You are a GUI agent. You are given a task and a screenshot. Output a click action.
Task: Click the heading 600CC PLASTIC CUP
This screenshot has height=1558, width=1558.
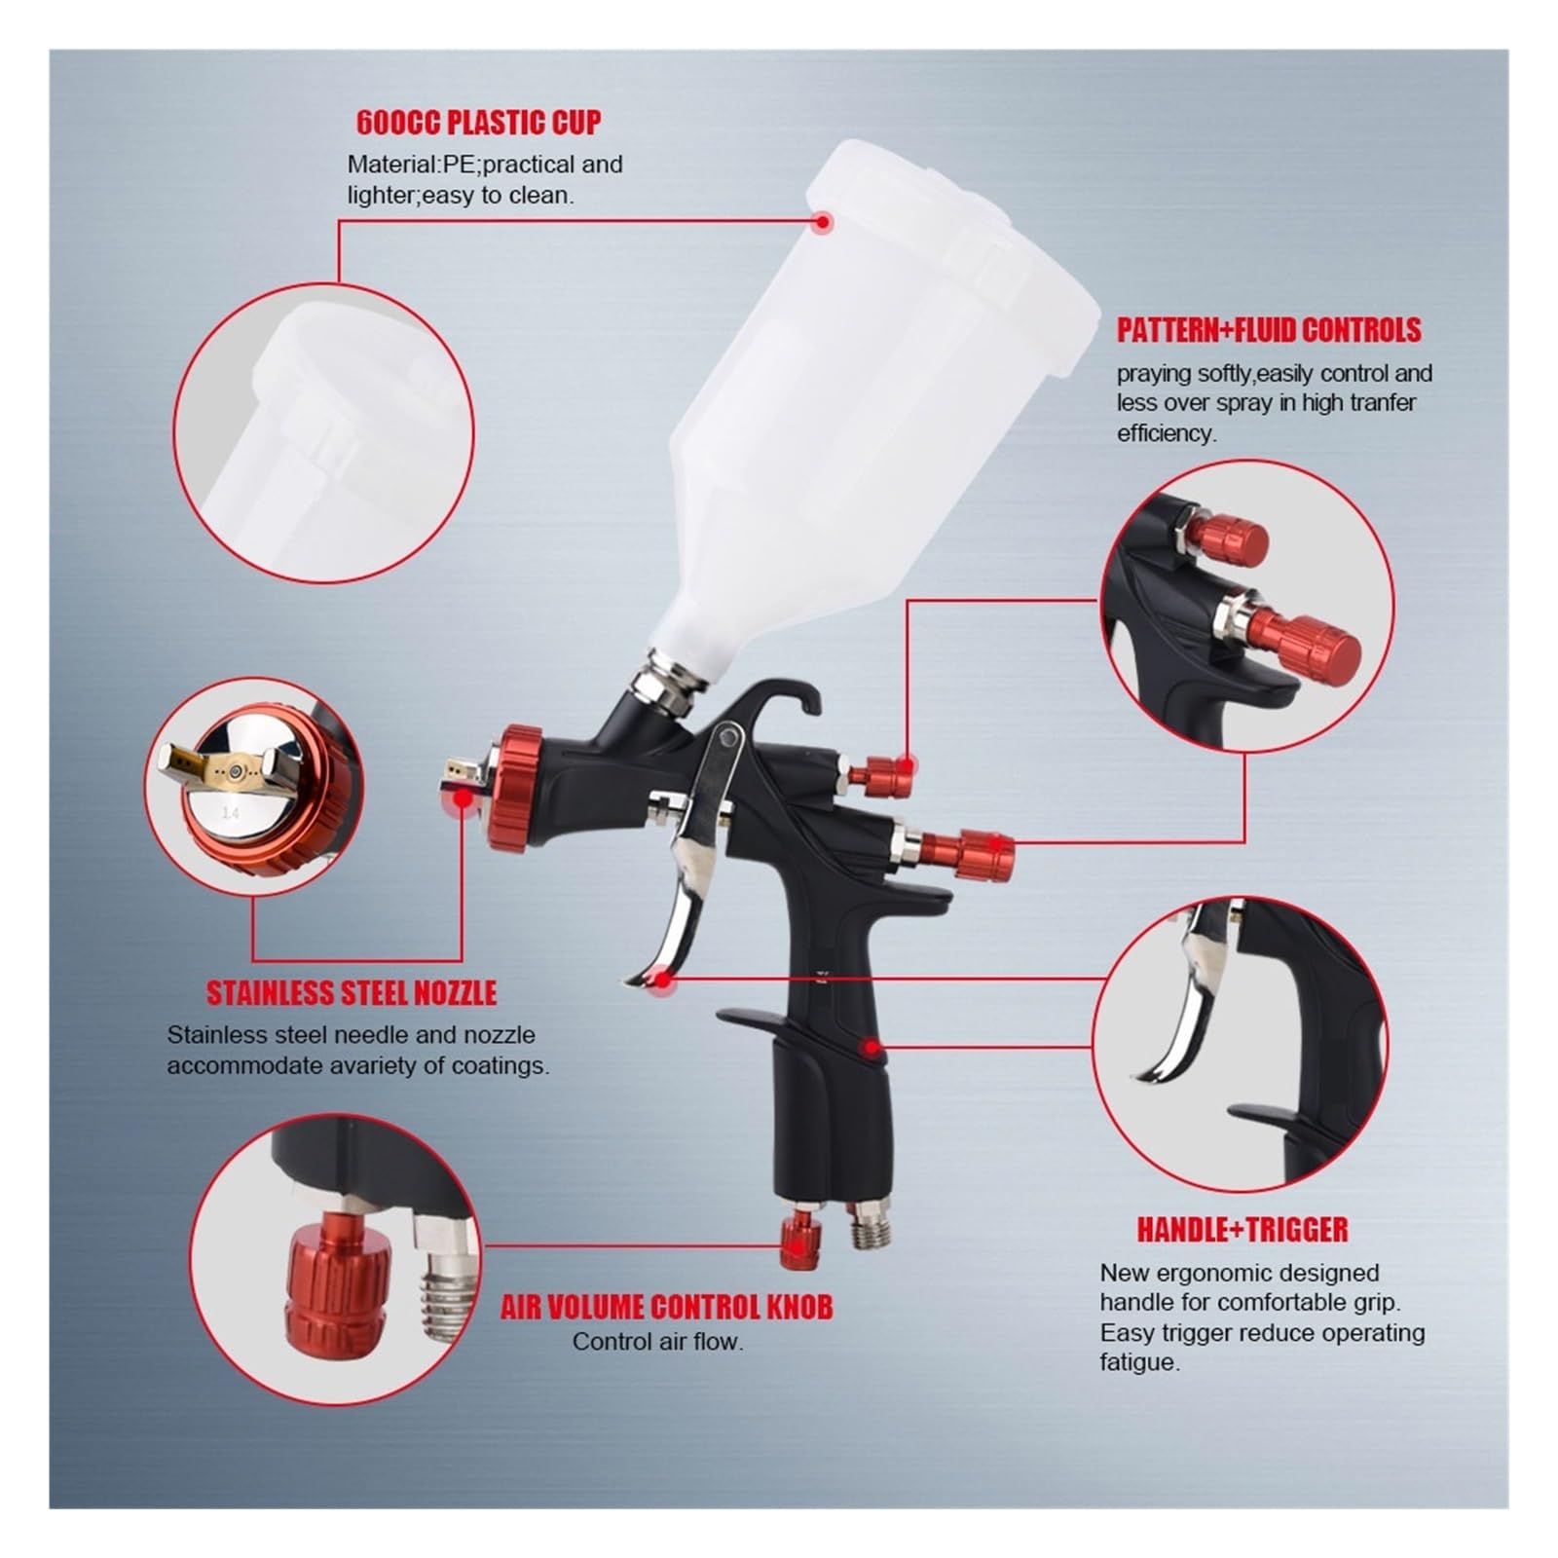click(x=478, y=123)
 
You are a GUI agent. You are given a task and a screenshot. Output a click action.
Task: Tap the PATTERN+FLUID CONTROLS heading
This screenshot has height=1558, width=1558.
click(x=1269, y=330)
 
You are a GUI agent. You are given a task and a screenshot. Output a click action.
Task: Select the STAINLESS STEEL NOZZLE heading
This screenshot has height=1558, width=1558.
click(x=352, y=993)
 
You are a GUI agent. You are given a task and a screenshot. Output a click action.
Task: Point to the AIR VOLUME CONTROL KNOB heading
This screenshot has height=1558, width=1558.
click(x=667, y=1307)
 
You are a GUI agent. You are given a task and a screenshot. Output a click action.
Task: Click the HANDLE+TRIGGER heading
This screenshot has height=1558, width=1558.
click(x=1243, y=1230)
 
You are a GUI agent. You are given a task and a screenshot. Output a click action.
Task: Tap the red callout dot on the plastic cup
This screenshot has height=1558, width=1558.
click(x=823, y=222)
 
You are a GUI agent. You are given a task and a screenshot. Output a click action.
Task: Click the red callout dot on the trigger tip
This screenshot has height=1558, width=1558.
click(x=663, y=980)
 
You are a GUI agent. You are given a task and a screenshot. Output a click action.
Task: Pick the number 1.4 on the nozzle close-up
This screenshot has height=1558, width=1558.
click(x=231, y=811)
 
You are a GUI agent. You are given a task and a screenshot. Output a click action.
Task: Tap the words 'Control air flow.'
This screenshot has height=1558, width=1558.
click(x=657, y=1342)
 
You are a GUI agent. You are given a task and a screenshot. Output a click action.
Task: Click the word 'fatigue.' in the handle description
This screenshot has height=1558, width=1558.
click(x=1140, y=1363)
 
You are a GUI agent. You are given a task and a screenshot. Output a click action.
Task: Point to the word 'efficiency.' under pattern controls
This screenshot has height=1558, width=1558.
click(x=1167, y=433)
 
